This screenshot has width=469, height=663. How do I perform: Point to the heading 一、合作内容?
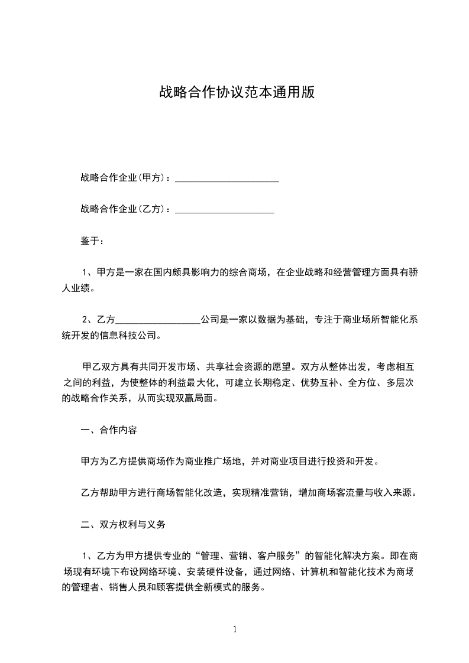coord(109,430)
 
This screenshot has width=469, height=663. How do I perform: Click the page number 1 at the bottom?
coord(235,629)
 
